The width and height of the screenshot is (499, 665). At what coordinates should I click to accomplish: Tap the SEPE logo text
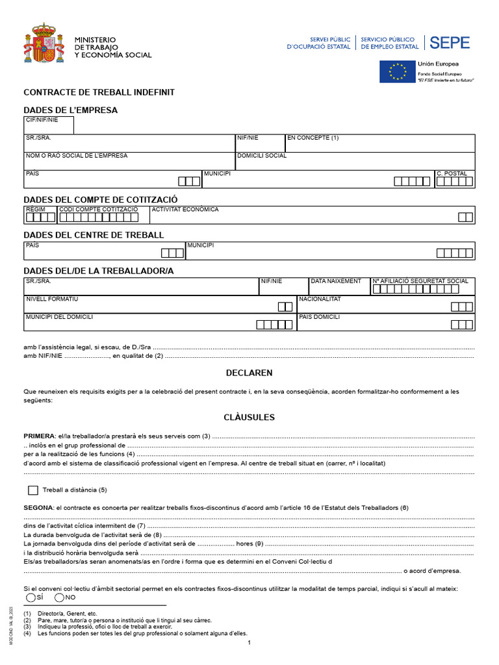coord(450,43)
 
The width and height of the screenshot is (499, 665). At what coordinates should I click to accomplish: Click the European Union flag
coord(396,71)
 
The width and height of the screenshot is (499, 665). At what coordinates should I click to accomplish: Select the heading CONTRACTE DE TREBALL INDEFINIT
coord(99,93)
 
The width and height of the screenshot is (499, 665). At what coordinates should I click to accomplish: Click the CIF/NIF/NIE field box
coord(49,125)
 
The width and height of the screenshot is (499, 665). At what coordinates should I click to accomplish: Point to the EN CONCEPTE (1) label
coord(313,138)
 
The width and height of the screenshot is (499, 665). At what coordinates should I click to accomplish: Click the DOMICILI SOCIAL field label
coord(262,156)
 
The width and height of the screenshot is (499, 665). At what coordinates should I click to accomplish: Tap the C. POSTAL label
coord(452,174)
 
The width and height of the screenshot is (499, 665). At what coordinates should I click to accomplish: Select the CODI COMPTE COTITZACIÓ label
coord(99,210)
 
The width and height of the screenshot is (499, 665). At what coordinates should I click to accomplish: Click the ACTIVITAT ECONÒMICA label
coord(185,210)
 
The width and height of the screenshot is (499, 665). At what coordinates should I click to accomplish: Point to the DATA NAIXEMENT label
coord(336,281)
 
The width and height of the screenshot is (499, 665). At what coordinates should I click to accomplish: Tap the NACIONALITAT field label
coord(320,299)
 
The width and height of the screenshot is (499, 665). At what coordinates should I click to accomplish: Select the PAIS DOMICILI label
coord(319,318)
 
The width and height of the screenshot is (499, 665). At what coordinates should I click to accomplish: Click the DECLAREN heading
coord(249,373)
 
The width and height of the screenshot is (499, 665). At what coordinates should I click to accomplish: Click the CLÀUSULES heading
coord(249,417)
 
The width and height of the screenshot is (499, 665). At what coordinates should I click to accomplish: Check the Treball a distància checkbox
coord(33,490)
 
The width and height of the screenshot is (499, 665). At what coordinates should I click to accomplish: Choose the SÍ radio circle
coord(31,597)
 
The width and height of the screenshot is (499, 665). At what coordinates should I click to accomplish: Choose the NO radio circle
coord(60,597)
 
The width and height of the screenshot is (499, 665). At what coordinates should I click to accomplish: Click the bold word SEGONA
coord(38,507)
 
